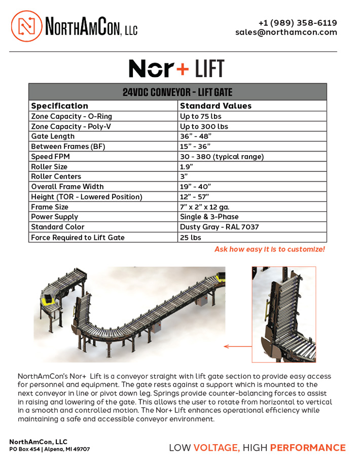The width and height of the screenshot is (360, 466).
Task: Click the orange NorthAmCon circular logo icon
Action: (26, 26)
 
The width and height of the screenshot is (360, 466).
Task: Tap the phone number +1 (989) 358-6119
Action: (297, 23)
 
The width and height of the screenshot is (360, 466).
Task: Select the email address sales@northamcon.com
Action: (286, 32)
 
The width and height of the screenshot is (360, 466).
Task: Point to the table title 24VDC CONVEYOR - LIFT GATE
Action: (177, 92)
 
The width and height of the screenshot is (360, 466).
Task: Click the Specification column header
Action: (60, 106)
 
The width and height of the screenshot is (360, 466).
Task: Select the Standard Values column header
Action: (215, 106)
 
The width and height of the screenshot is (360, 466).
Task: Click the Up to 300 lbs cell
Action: (204, 126)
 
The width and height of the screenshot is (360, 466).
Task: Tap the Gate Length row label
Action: (53, 136)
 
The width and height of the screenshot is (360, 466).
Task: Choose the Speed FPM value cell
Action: (222, 157)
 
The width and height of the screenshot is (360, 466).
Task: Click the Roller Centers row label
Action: (56, 176)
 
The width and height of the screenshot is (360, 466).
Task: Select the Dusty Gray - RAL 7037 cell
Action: (219, 227)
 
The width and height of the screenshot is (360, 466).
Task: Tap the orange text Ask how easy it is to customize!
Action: (269, 249)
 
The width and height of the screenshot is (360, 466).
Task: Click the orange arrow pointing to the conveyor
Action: (237, 347)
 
